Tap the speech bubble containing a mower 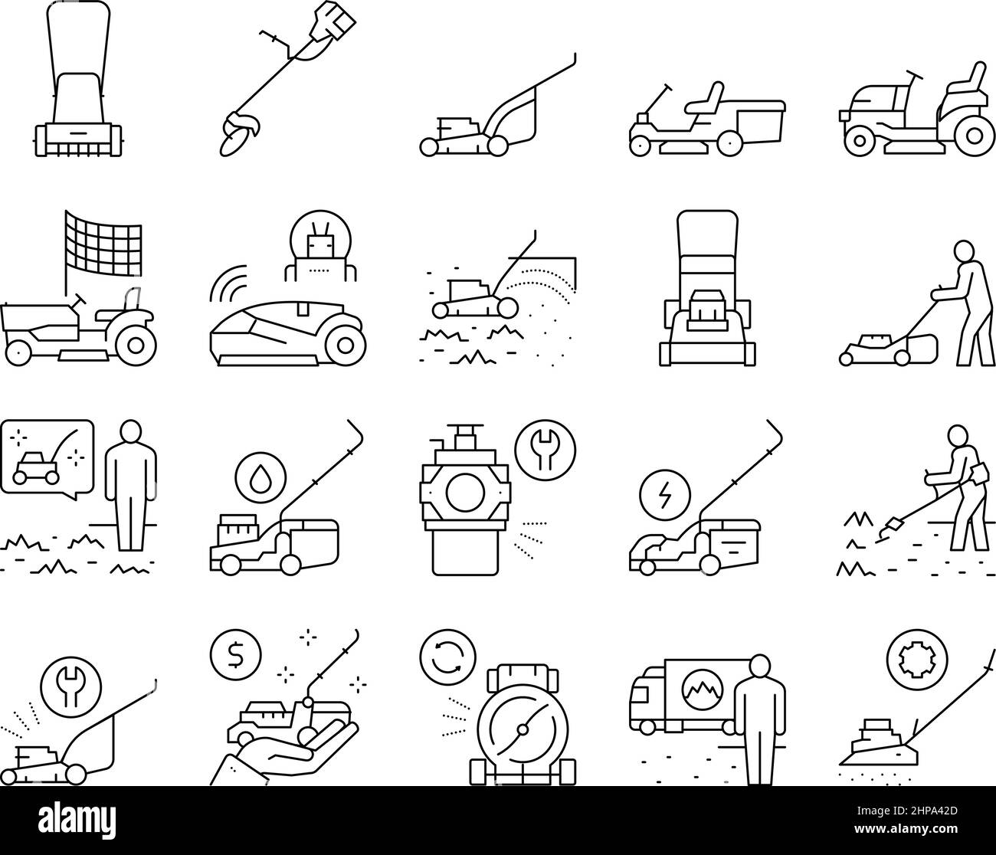click(46, 457)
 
